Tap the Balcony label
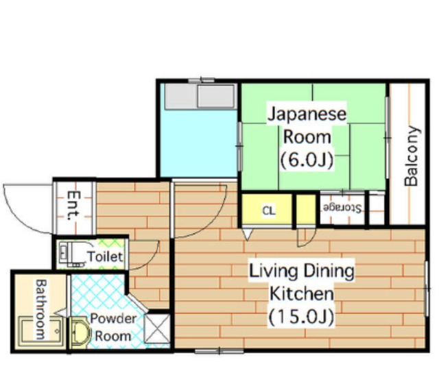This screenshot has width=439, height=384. click(412, 156)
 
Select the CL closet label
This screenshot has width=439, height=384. click(269, 211)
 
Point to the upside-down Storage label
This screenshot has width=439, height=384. click(342, 208)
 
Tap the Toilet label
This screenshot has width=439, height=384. click(105, 256)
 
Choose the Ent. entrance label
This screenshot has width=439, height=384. click(73, 205)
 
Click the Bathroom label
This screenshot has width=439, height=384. click(41, 309)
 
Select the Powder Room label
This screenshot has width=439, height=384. click(113, 327)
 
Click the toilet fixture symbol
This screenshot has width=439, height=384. click(72, 254)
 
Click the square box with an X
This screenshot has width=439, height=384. click(157, 328)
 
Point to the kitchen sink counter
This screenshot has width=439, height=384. click(200, 96)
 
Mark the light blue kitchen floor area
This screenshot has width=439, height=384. click(199, 143)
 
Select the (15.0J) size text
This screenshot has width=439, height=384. click(302, 316)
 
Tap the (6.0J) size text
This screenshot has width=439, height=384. click(307, 160)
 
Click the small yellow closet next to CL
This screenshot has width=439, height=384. click(306, 210)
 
